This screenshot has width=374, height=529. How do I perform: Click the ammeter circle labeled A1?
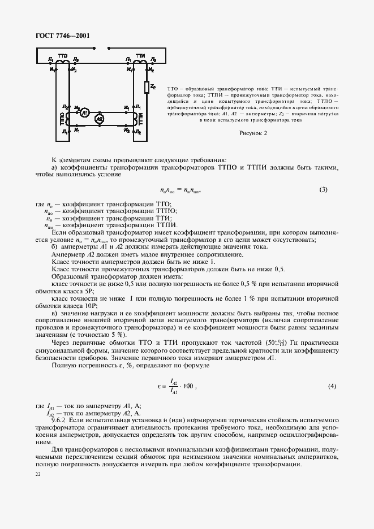coord(85,112)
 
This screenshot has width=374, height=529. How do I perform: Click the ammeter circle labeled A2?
coord(99,119)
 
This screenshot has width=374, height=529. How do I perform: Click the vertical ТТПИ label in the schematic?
coord(141,119)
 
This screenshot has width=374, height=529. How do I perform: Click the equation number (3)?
coord(323,189)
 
